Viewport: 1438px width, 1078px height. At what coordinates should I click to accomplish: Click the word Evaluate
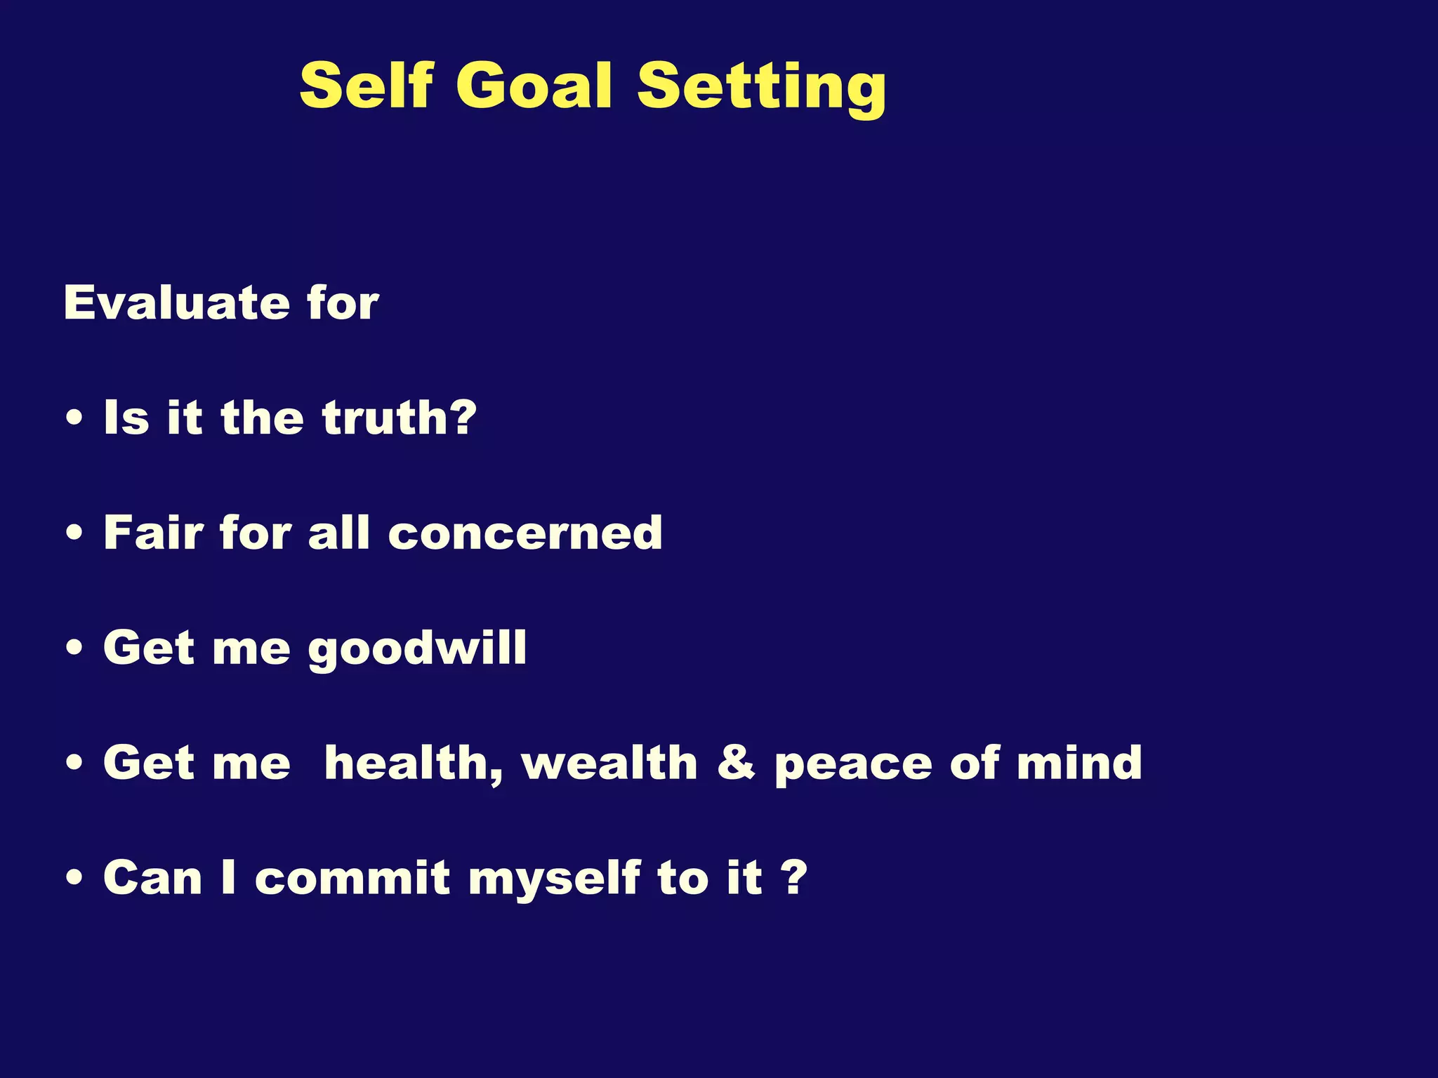[x=176, y=303]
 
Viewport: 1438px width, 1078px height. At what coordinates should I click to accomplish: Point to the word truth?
[x=400, y=418]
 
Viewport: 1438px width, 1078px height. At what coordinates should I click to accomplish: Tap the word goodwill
[x=417, y=648]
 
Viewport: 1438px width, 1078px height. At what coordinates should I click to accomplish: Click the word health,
[x=414, y=764]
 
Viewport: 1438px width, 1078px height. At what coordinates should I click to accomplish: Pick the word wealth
[x=609, y=763]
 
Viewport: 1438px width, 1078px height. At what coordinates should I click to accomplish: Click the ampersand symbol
[x=736, y=763]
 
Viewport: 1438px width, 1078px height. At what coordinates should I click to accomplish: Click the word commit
[x=352, y=878]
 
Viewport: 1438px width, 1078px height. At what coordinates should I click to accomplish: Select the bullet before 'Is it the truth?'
[x=74, y=420]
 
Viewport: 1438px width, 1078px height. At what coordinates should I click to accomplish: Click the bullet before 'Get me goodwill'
[x=74, y=649]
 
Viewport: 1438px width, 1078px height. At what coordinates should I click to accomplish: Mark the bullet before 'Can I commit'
[x=74, y=879]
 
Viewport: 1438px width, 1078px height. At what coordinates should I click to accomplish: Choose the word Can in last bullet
[x=152, y=878]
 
